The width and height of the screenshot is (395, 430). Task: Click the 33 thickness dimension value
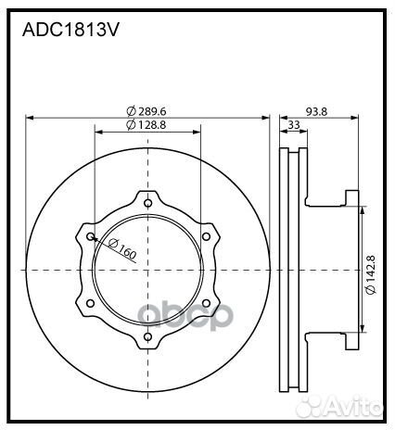coord(294,124)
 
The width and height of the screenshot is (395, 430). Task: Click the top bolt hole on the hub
coord(147,203)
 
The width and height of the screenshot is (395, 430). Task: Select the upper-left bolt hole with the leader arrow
coord(90,236)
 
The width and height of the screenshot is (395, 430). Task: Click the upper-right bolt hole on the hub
coord(205,236)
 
